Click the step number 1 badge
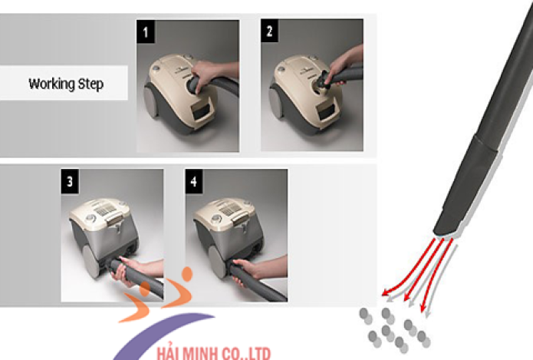click(146, 31)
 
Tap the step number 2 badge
click(269, 31)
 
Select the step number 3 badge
click(70, 181)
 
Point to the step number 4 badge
click(194, 181)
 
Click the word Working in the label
click(51, 84)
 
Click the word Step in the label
click(90, 84)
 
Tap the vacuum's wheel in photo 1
click(150, 101)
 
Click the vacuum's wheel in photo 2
click(275, 101)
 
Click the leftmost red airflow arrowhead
click(386, 292)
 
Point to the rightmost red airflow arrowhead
click(423, 308)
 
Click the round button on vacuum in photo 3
click(90, 218)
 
